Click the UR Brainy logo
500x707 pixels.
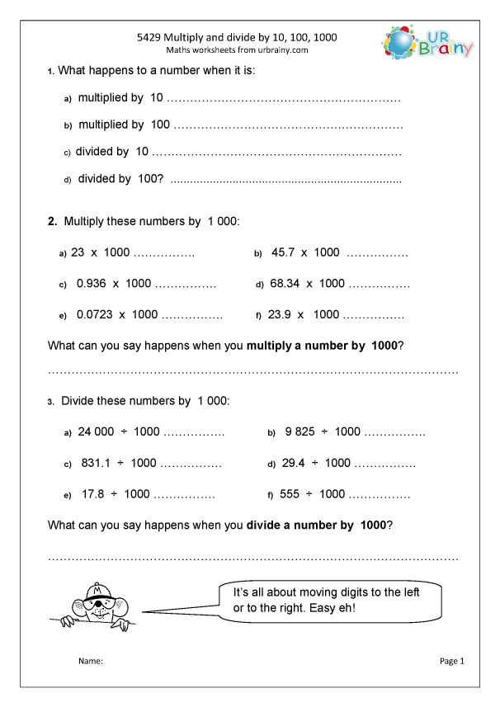tap(428, 42)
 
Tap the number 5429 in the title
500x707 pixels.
tap(149, 37)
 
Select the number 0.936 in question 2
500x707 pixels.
tap(92, 283)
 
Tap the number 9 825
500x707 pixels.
tap(300, 431)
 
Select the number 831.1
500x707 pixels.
tap(97, 463)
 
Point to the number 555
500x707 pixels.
tap(290, 494)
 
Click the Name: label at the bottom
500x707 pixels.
tap(90, 661)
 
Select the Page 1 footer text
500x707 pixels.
tap(452, 661)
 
